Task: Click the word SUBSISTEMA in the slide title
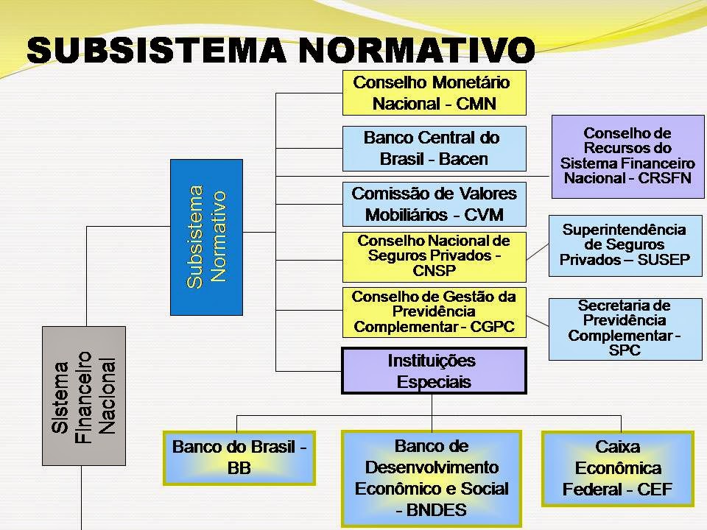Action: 151,50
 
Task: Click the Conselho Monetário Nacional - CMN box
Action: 435,93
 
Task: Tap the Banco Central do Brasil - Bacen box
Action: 435,148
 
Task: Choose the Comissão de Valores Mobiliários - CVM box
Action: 435,204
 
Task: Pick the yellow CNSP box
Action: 435,256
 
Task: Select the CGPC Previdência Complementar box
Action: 435,312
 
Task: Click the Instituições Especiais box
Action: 435,371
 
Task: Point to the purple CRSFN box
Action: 627,156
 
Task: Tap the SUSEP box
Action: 625,245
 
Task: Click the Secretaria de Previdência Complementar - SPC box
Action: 625,328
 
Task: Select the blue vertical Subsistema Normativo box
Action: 206,237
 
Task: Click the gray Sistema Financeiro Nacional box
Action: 83,395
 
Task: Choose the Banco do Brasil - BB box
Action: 239,457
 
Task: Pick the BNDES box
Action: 432,477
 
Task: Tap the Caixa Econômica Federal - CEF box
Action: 618,468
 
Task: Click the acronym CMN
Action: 476,104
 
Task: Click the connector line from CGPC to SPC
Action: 538,317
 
